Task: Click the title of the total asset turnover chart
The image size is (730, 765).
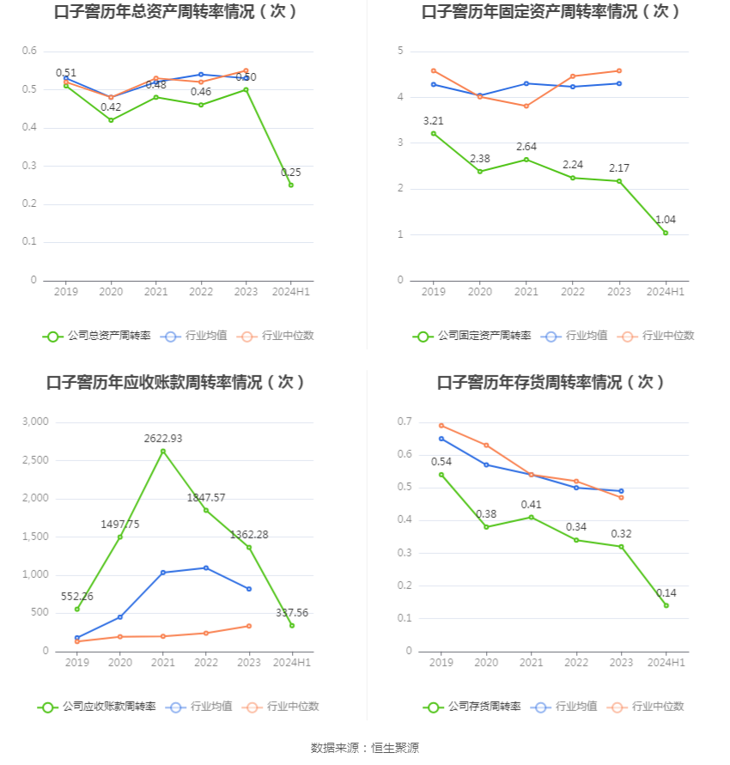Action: pos(176,12)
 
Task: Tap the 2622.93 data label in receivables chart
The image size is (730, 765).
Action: pos(163,438)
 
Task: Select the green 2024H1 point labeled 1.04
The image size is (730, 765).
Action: pos(665,233)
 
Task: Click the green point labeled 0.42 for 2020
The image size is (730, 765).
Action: pos(111,120)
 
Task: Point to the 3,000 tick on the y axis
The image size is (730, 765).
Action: pos(35,422)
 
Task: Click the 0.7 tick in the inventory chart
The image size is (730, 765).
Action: pos(404,422)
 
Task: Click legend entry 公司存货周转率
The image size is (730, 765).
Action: pos(472,707)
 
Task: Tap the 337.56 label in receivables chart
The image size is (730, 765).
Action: pos(292,612)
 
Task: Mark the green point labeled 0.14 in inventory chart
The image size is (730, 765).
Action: pos(666,605)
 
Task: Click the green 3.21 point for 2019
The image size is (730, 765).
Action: pos(434,133)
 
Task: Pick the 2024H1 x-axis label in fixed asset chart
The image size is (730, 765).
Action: pos(665,292)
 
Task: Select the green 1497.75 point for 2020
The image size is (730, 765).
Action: pos(120,537)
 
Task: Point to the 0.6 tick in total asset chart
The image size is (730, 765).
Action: pos(29,52)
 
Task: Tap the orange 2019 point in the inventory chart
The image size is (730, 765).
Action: pos(441,425)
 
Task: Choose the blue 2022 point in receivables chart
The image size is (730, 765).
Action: pos(206,568)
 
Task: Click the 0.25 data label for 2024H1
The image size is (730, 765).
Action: pos(291,173)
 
